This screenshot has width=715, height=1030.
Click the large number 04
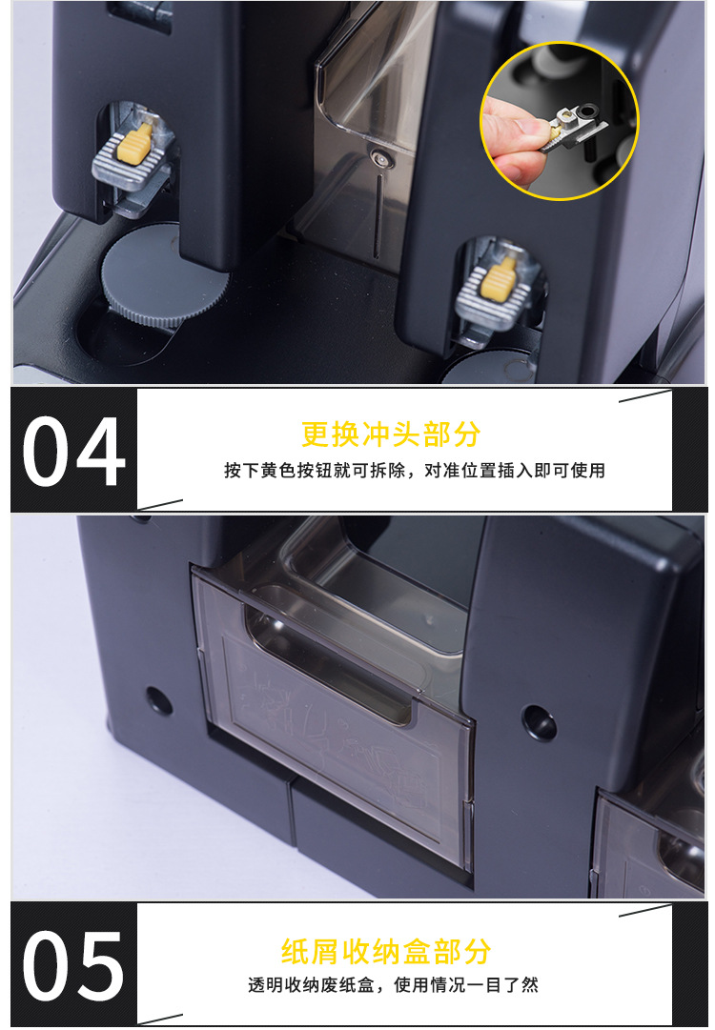(x=73, y=451)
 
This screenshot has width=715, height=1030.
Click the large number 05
(x=73, y=964)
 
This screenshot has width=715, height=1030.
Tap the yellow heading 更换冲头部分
(x=391, y=434)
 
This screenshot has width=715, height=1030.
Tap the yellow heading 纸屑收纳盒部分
(x=386, y=951)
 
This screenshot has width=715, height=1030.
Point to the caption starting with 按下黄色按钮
(x=415, y=471)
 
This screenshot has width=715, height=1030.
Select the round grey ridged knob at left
(x=162, y=273)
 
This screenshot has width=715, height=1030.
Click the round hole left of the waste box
(x=159, y=701)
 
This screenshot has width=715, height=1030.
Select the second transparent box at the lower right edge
(x=653, y=843)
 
